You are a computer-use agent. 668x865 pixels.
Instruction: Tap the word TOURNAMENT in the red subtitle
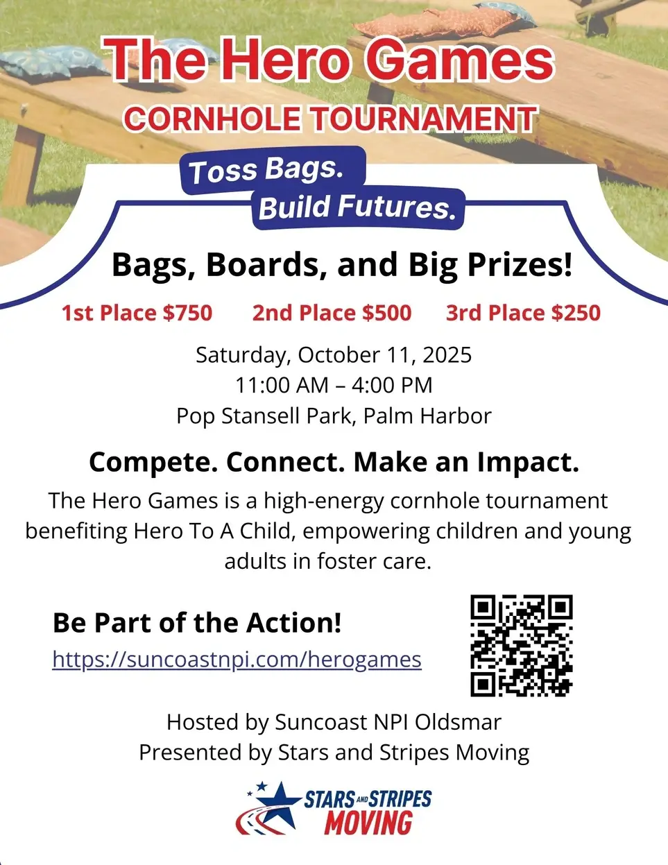pos(422,119)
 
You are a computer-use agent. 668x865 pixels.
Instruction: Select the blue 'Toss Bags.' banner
pos(273,171)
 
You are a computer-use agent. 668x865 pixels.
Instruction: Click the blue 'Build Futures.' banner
pos(359,208)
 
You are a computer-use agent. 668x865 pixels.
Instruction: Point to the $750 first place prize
pos(187,313)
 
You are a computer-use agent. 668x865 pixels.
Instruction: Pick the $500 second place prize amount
pos(386,313)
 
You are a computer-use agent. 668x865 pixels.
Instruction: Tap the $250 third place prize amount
pos(576,313)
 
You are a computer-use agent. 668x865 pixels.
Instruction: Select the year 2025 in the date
pos(447,354)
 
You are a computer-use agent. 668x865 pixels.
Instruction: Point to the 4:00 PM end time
pos(392,385)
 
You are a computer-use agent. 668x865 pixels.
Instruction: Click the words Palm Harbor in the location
pos(427,416)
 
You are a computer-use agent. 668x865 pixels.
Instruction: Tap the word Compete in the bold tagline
pos(154,463)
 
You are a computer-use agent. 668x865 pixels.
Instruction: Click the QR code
pos(522,646)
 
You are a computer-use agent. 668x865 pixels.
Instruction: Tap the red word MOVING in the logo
pos(368,823)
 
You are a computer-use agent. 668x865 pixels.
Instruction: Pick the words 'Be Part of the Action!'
pos(197,623)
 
